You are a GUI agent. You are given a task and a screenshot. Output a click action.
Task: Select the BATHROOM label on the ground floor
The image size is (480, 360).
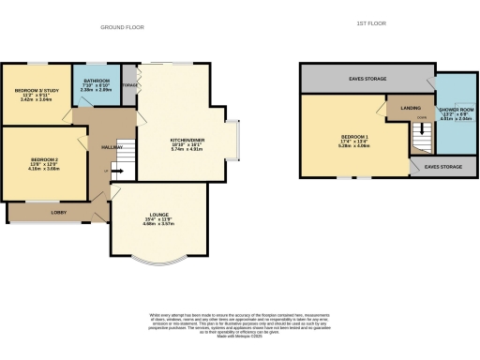(x=97, y=82)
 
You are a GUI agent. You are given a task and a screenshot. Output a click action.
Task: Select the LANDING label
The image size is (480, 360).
(x=410, y=108)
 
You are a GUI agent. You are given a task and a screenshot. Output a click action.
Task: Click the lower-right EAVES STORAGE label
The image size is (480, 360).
(x=443, y=166)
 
